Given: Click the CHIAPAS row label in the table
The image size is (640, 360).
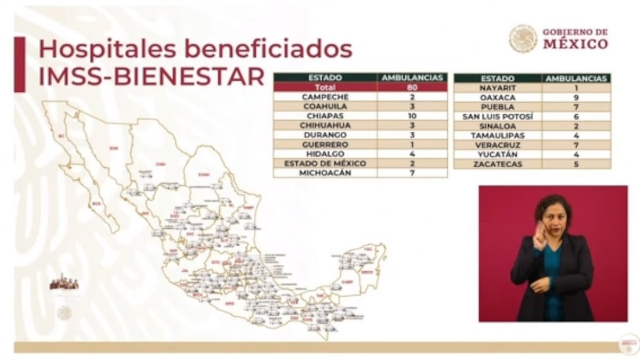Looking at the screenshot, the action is tap(325, 116).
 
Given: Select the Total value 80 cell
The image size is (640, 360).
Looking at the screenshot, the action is tap(412, 87).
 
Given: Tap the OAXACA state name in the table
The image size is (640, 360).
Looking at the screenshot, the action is tap(497, 98).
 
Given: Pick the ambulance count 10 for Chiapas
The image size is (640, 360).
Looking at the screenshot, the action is tap(412, 116).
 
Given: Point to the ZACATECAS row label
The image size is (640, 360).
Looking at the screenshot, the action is tap(497, 164).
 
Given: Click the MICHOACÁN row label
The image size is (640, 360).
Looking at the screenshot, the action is tap(325, 173).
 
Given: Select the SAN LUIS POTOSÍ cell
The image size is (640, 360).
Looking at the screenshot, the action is tap(497, 116).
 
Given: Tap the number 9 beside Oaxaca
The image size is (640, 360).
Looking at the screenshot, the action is tap(576, 98).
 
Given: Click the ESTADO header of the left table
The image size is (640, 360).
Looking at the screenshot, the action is tap(325, 77).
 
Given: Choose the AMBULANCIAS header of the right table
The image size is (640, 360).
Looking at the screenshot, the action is tap(576, 78).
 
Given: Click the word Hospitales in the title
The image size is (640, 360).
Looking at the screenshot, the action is tap(99, 50).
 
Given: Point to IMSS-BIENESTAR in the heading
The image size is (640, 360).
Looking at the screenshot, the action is tap(151, 76).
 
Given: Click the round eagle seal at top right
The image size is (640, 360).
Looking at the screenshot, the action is tap(523, 38).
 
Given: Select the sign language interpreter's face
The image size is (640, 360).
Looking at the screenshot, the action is tap(553, 216).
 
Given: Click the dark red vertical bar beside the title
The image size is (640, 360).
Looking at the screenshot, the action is tap(20, 64).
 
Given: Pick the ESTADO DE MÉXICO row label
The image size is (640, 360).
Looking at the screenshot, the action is tap(325, 164).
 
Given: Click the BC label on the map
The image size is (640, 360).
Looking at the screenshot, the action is tap(60, 136).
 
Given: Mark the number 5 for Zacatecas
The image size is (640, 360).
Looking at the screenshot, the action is tap(576, 164).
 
